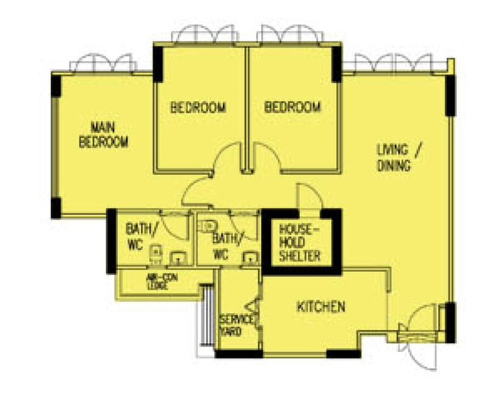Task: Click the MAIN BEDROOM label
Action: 104,135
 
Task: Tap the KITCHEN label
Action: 321,307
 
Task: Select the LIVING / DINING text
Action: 399,158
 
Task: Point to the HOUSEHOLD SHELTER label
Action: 299,242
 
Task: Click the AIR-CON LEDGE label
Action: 162,281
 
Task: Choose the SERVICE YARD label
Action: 236,325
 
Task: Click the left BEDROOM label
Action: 198,107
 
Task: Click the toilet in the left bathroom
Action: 156,254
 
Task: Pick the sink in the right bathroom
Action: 251,257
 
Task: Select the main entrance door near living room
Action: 417,336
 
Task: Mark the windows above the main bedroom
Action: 104,63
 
